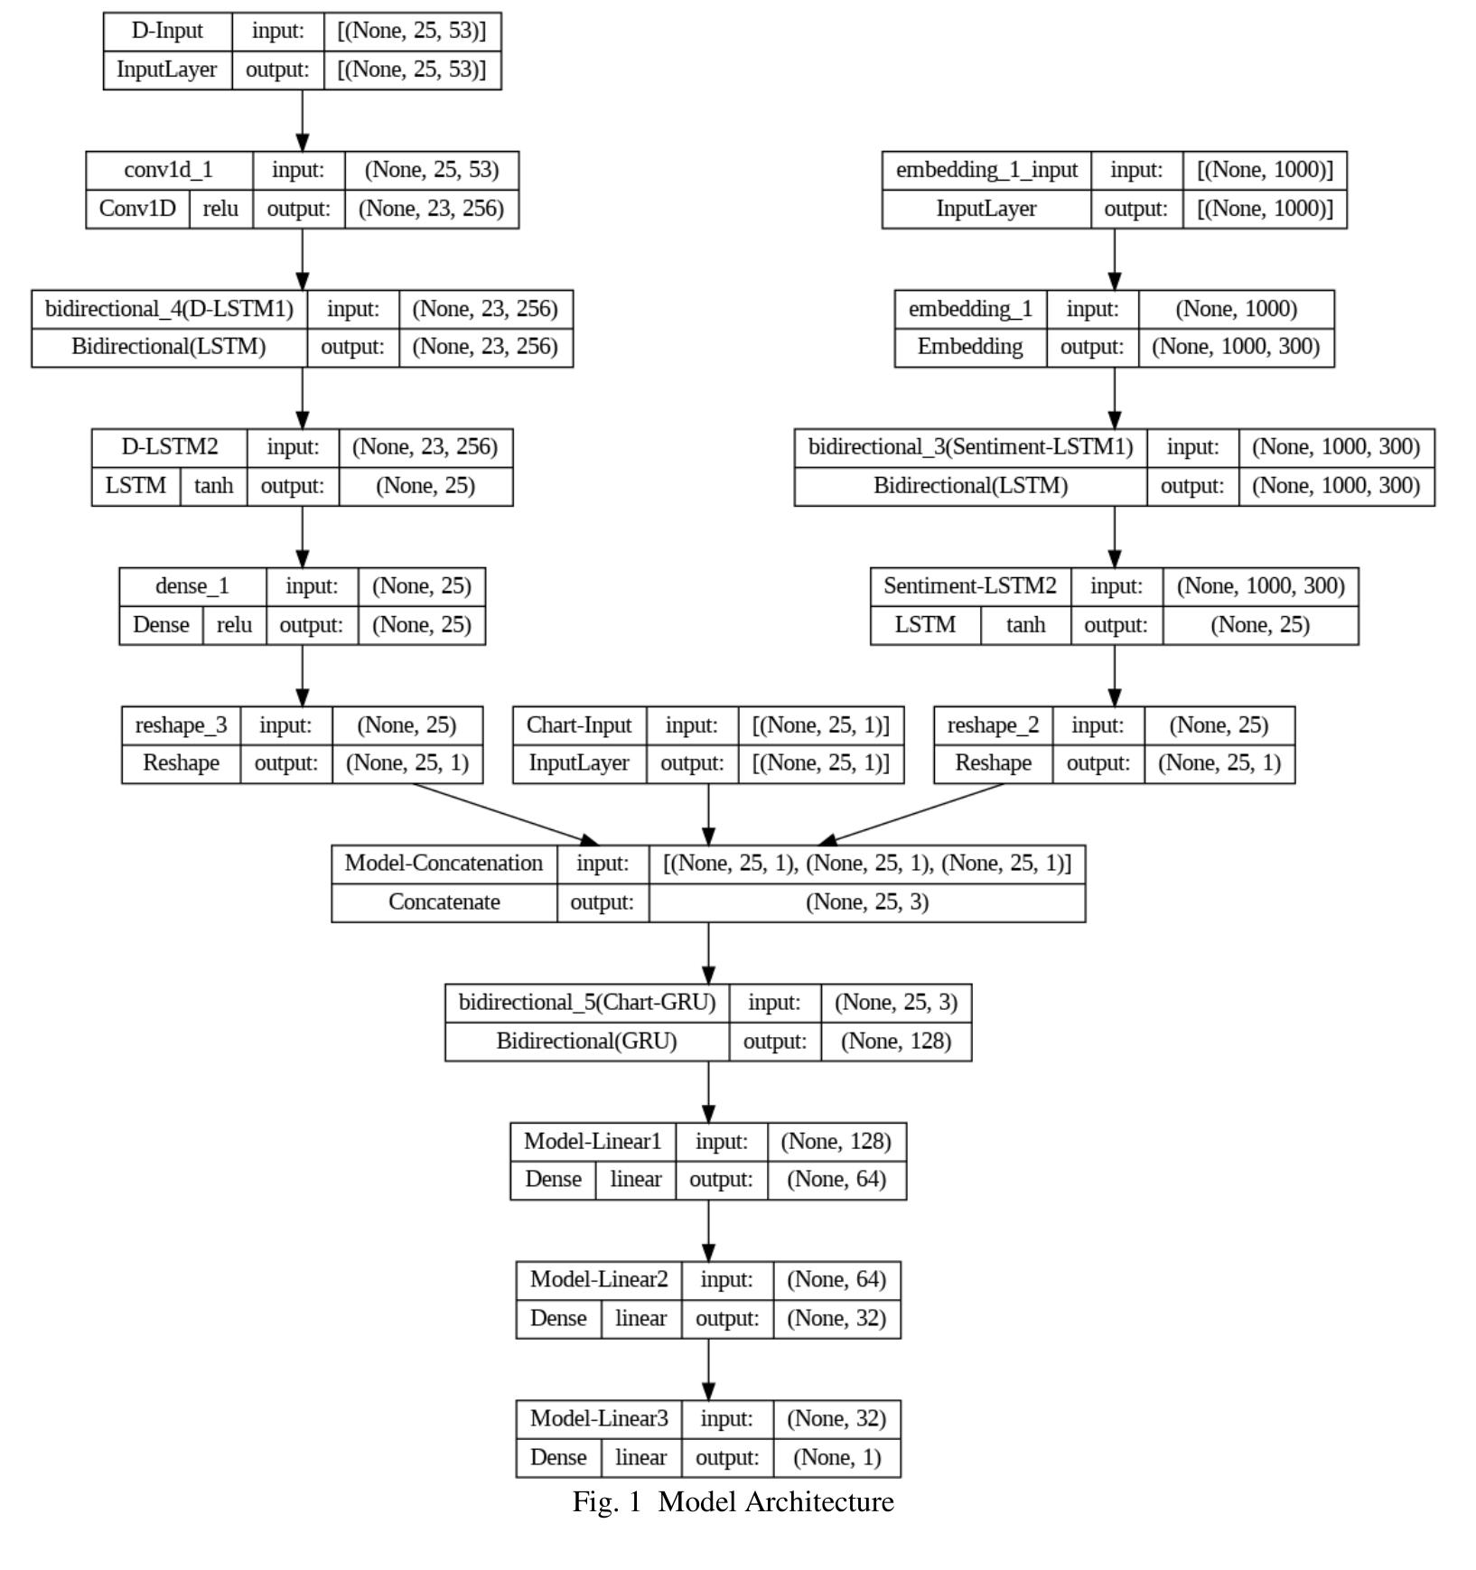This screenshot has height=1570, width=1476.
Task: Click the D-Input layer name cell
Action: coord(167,31)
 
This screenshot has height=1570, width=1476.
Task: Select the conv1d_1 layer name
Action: coord(169,170)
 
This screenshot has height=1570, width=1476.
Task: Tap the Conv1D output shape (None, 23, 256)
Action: coord(431,209)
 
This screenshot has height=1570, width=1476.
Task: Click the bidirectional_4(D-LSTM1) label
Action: coord(169,309)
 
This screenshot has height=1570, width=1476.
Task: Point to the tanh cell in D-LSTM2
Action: coord(213,486)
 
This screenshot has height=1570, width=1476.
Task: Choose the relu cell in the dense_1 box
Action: coord(234,625)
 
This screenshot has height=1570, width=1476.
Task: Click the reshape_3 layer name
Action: coord(181,725)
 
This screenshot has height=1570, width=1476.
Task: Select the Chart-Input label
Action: coord(579,725)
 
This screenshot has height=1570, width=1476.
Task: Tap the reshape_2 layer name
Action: coord(993,725)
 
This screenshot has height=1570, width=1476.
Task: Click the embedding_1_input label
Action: coord(986,170)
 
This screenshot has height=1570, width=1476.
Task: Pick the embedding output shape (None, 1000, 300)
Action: coord(1236,347)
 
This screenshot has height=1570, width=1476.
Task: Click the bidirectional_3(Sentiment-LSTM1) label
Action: coord(970,447)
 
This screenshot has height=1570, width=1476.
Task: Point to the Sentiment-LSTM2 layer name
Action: coord(969,586)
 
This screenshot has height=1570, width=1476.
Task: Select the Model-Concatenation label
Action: coord(444,864)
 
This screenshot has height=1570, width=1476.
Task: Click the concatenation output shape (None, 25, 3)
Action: coord(866,902)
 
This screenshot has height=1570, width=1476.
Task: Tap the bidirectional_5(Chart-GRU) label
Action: coord(586,1003)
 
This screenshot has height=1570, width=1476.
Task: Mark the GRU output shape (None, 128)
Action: coord(895,1042)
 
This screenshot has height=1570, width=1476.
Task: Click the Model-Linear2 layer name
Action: coord(599,1280)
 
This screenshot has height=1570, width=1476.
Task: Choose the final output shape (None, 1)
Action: coord(836,1457)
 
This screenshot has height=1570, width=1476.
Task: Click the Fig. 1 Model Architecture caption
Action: coord(733,1502)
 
